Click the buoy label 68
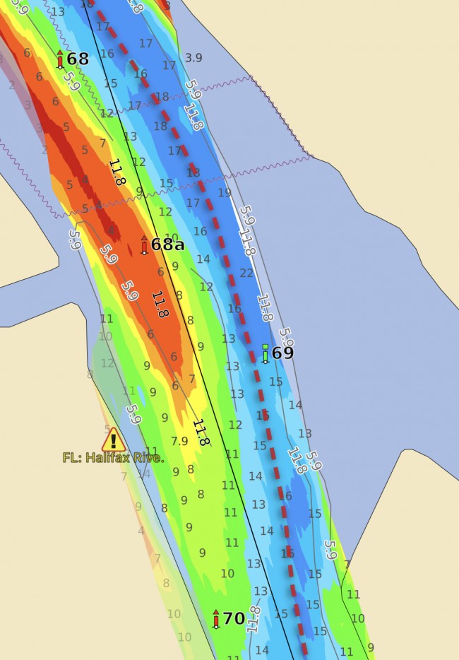tap(78, 59)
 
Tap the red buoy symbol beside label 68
tap(60, 59)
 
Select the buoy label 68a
tap(167, 244)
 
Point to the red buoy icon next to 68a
tap(144, 245)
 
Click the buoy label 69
tap(282, 353)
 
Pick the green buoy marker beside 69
tap(266, 353)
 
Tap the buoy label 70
tap(234, 619)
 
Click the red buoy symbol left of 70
tap(216, 619)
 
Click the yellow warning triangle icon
tap(113, 440)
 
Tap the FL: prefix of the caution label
tap(71, 457)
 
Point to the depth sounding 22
tap(246, 273)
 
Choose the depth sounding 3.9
tap(193, 57)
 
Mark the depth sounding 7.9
tap(180, 441)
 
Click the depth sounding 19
tap(225, 192)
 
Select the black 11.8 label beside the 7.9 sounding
tap(201, 432)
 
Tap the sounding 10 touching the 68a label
tap(172, 237)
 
